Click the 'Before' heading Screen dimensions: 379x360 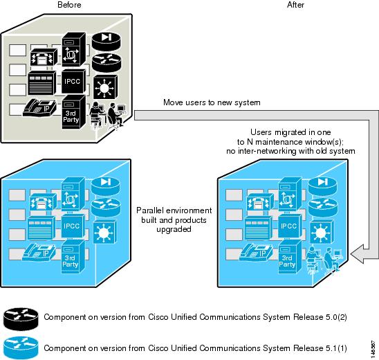pyautogui.click(x=69, y=5)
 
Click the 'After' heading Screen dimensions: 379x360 pyautogui.click(x=295, y=5)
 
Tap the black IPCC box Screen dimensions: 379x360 pyautogui.click(x=73, y=81)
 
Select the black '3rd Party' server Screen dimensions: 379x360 pyautogui.click(x=73, y=112)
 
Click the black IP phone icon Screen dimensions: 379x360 pyautogui.click(x=39, y=108)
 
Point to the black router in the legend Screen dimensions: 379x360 pyautogui.click(x=21, y=319)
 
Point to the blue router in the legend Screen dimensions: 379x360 pyautogui.click(x=21, y=348)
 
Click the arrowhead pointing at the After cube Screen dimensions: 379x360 pyautogui.click(x=357, y=254)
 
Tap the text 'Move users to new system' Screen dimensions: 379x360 pyautogui.click(x=212, y=102)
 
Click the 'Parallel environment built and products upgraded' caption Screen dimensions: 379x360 pyautogui.click(x=174, y=219)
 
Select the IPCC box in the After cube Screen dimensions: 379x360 pyautogui.click(x=290, y=226)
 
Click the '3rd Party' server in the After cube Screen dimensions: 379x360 pyautogui.click(x=290, y=256)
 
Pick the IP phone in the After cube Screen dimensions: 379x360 pyautogui.click(x=256, y=252)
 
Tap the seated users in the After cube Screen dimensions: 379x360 pyautogui.click(x=324, y=260)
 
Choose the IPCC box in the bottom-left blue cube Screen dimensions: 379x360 pyautogui.click(x=73, y=226)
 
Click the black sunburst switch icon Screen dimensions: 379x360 pyautogui.click(x=105, y=87)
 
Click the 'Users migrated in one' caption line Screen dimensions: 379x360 pyautogui.click(x=290, y=132)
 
